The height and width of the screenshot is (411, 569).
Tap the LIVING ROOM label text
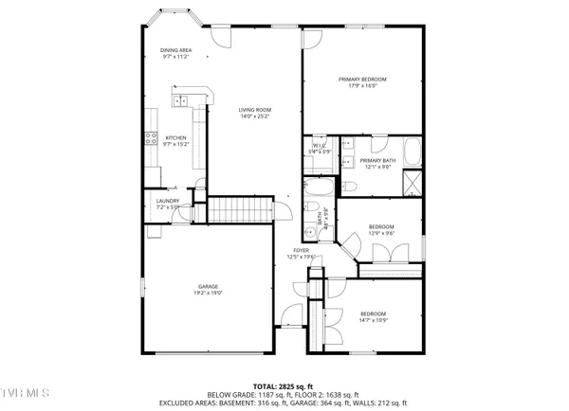(x=255, y=111)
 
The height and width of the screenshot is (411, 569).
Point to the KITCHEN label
(x=176, y=139)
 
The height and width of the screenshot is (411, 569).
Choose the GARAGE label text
(x=209, y=286)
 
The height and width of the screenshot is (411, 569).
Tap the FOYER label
(x=301, y=250)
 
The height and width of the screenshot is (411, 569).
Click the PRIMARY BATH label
(x=376, y=161)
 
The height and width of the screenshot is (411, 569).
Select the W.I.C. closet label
(x=321, y=145)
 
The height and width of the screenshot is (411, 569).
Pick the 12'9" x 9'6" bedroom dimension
(x=381, y=233)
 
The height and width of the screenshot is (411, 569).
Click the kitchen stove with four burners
(x=150, y=139)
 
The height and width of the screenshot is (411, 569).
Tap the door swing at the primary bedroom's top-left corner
(x=311, y=39)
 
